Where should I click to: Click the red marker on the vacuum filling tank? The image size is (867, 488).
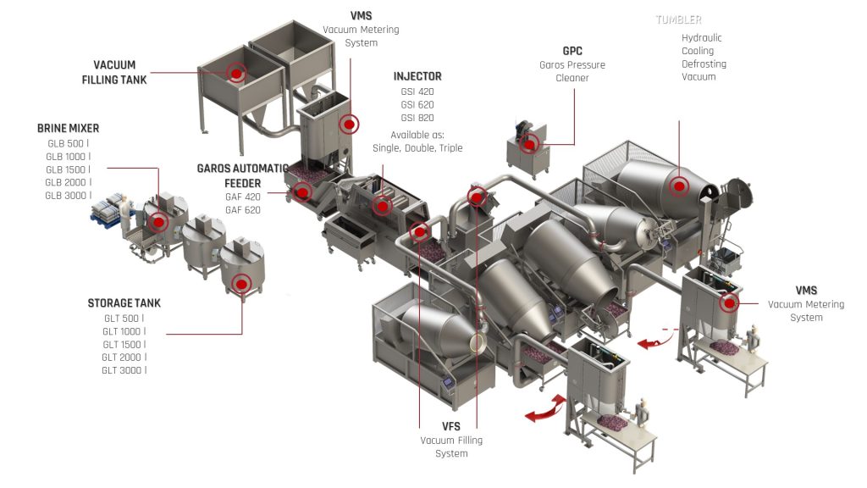236,73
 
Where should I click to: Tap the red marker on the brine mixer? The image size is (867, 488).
157,222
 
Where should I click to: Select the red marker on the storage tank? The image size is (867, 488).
242,284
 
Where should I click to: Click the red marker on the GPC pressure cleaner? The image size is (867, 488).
529,144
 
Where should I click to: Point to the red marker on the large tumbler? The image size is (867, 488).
679,186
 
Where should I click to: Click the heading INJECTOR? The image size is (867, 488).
417,76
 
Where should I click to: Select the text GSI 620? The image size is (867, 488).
417,104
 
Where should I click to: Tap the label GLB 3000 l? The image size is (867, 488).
69,196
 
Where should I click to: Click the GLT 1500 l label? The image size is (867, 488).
124,345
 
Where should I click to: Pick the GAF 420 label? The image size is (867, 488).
242,197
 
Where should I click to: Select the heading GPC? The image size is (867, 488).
572,51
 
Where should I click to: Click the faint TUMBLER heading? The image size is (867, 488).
678,19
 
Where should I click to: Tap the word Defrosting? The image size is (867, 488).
704,64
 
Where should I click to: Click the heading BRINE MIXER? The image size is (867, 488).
69,129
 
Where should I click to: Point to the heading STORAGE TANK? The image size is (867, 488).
124,303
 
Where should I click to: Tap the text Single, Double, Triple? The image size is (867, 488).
417,148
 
